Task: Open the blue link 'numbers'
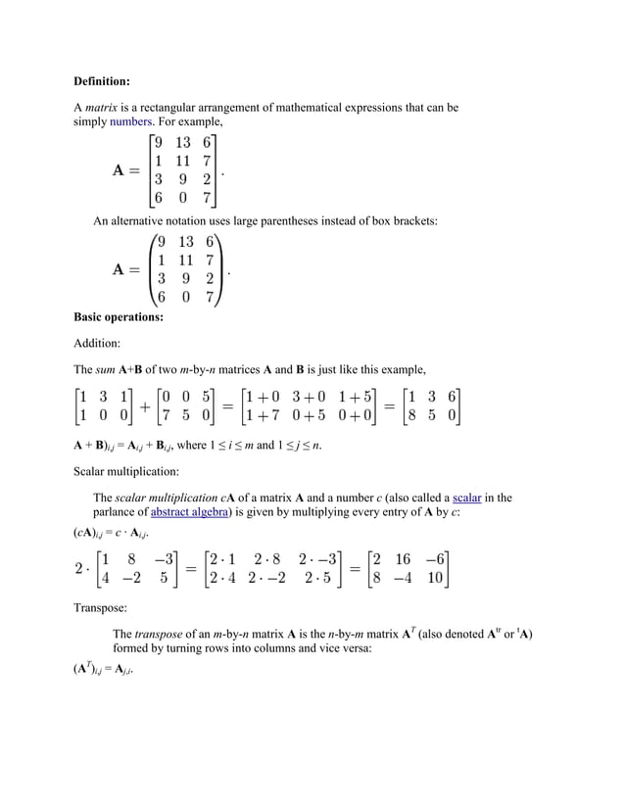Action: point(130,121)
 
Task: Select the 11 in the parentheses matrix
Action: point(184,260)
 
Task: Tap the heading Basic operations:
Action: point(119,316)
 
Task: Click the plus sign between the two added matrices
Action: point(145,405)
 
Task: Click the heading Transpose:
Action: point(100,607)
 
